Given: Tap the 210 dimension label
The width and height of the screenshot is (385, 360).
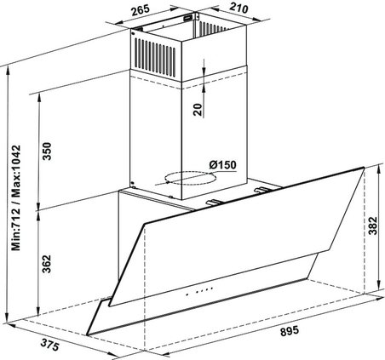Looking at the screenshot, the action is [238, 8].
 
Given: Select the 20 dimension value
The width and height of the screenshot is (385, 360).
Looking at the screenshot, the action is [198, 110].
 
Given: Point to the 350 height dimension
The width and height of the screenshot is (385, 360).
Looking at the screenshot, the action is [47, 151].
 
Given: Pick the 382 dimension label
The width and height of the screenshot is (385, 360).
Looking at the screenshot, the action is [372, 226].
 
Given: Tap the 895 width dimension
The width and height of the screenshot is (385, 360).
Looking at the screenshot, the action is [290, 331].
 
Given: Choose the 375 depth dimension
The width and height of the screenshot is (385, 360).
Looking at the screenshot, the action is [49, 345].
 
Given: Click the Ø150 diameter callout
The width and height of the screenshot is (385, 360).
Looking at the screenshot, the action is [222, 165].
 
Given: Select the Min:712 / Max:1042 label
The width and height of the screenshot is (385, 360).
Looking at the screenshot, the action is [16, 197].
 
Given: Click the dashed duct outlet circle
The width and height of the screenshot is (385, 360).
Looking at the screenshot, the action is [191, 178].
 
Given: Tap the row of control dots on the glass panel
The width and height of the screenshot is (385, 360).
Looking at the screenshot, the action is [199, 291].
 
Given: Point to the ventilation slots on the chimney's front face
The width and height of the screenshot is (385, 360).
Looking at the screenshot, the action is [155, 57].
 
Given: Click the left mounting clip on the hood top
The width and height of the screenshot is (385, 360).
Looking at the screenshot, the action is [215, 202].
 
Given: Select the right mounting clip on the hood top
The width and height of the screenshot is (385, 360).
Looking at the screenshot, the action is [262, 190].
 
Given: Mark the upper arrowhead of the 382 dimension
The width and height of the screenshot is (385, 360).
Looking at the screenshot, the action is [379, 169].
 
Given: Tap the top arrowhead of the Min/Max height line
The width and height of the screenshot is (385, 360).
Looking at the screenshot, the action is [9, 70].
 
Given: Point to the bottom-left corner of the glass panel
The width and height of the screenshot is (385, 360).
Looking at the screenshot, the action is [88, 335].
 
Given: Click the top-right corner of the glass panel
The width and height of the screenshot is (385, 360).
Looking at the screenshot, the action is [364, 168].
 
